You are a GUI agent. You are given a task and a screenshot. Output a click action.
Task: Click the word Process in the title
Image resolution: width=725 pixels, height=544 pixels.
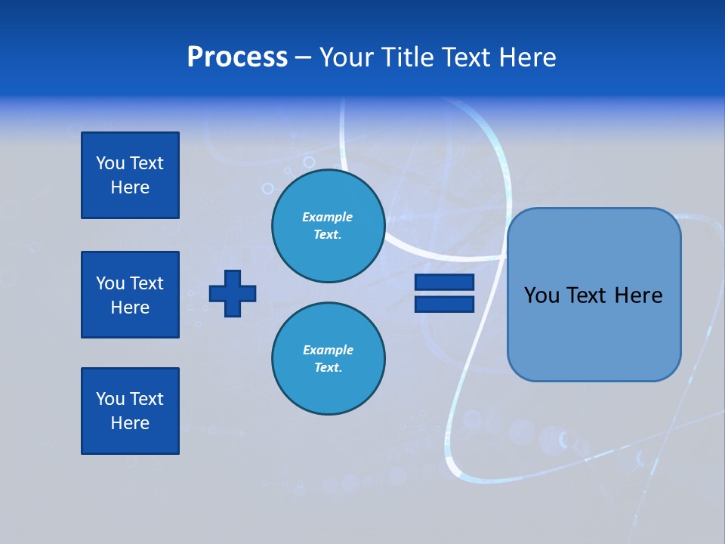click(237, 57)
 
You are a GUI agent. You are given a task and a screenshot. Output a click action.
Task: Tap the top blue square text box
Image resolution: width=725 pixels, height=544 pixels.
click(130, 175)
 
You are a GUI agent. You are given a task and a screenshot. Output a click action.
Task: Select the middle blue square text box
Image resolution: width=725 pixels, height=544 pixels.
click(130, 295)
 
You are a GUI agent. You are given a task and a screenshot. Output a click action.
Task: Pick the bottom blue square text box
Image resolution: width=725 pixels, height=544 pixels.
click(130, 411)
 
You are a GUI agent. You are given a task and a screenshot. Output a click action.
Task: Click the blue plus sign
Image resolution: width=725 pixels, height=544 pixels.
click(233, 293)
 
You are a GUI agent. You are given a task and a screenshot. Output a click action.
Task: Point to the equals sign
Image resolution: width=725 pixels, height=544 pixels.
click(444, 293)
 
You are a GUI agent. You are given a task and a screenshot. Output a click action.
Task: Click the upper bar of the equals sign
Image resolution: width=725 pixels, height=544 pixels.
click(444, 283)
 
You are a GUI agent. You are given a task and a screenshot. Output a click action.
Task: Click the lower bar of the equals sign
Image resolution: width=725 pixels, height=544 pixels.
click(444, 304)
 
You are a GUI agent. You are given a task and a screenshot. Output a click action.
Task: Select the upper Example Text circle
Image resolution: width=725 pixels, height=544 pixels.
click(328, 226)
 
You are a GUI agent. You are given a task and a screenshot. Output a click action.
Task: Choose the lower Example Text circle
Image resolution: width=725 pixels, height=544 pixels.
click(328, 359)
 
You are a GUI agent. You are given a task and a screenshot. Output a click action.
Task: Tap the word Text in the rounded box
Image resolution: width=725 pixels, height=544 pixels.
click(586, 295)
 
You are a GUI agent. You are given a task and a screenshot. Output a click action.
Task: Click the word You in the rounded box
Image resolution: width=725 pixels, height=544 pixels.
click(541, 295)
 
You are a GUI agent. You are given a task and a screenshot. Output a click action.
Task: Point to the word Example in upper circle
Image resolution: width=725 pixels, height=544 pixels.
click(328, 217)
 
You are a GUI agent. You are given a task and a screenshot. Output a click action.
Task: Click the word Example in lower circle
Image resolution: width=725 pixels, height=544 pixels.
click(328, 350)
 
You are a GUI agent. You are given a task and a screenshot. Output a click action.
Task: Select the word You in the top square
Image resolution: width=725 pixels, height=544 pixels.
click(110, 163)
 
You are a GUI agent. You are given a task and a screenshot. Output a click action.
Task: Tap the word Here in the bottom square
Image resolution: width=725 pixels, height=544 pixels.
click(130, 423)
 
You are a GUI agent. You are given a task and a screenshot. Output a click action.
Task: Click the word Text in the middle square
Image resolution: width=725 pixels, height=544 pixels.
click(146, 283)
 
